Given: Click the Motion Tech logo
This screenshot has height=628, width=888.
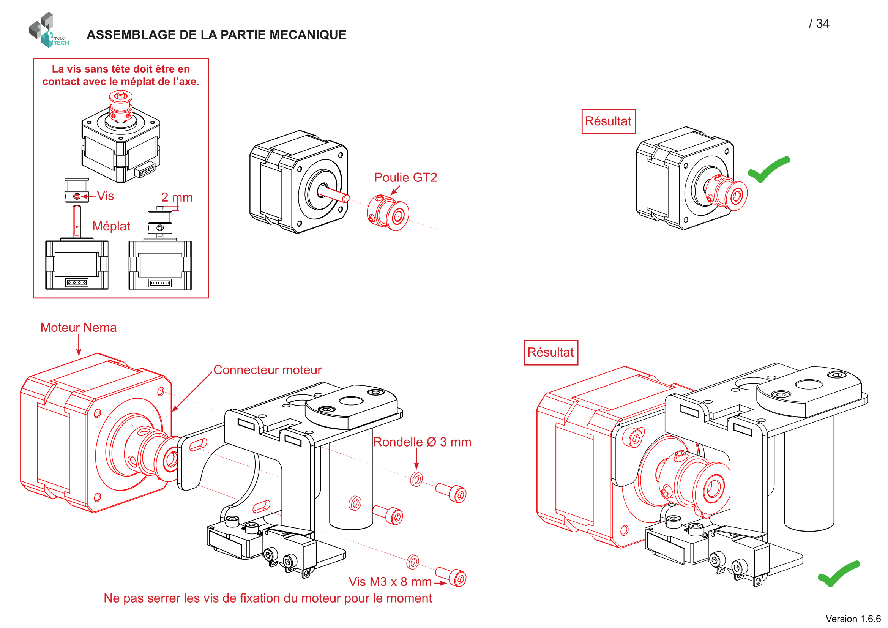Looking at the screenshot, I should [x=48, y=30].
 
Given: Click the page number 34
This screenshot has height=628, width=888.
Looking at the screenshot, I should [x=822, y=24].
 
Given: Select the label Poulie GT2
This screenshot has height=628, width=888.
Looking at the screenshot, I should [x=405, y=177].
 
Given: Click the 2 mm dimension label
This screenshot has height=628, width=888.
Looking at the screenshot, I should [x=177, y=197].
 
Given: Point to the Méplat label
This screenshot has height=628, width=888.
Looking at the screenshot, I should [x=111, y=226].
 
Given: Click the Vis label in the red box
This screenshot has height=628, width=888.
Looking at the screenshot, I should [x=105, y=196].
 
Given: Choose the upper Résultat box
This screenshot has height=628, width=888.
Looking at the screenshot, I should [x=608, y=121].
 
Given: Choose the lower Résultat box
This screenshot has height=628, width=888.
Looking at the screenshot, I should [x=550, y=352].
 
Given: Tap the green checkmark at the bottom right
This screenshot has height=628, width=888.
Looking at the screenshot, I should [x=838, y=574].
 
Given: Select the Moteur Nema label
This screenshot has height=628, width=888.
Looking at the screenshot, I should [x=79, y=328].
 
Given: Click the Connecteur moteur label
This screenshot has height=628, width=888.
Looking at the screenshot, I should [x=267, y=370].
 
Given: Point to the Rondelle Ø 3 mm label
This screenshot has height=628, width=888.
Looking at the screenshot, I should [x=422, y=442].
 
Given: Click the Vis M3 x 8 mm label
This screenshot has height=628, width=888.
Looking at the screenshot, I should [x=390, y=582].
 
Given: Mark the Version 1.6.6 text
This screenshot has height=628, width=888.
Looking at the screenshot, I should [x=853, y=619].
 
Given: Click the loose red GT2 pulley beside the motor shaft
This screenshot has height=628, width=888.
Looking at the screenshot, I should [x=388, y=213].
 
